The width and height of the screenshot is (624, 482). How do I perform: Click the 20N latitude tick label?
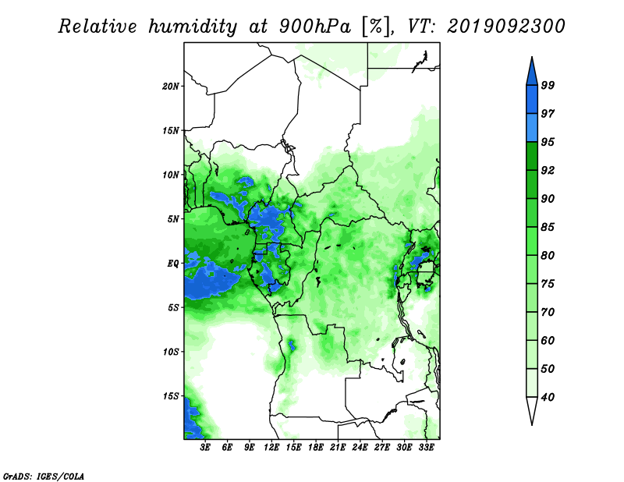171,86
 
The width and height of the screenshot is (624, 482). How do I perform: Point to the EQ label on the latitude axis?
173,264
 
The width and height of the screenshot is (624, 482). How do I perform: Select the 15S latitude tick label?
171,396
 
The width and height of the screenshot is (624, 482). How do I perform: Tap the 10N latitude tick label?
171,175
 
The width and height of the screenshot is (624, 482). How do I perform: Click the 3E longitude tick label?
205,447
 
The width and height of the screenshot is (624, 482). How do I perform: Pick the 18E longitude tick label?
316,447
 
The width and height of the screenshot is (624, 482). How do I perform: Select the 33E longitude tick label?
426,447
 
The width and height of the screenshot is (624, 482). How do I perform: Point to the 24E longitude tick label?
360,447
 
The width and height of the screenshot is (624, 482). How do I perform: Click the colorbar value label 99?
548,85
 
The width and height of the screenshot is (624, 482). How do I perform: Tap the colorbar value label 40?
548,397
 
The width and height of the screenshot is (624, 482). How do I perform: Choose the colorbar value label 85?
548,227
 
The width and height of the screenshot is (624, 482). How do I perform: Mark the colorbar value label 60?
548,340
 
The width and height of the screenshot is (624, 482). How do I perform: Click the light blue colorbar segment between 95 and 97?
532,128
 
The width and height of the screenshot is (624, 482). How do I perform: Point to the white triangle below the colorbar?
532,411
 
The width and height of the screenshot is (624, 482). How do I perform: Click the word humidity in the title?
193,27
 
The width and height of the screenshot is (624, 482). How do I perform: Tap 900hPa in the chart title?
315,27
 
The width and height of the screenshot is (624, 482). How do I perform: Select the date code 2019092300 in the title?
505,27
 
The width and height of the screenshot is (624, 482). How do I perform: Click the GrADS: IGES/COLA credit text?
44,476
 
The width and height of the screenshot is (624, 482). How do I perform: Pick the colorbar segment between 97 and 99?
532,100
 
